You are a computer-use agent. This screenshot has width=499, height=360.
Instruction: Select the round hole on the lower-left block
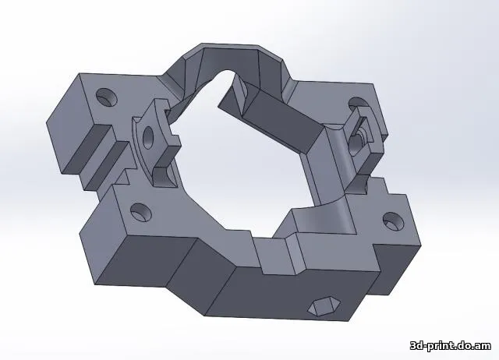pyautogui.click(x=141, y=210)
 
